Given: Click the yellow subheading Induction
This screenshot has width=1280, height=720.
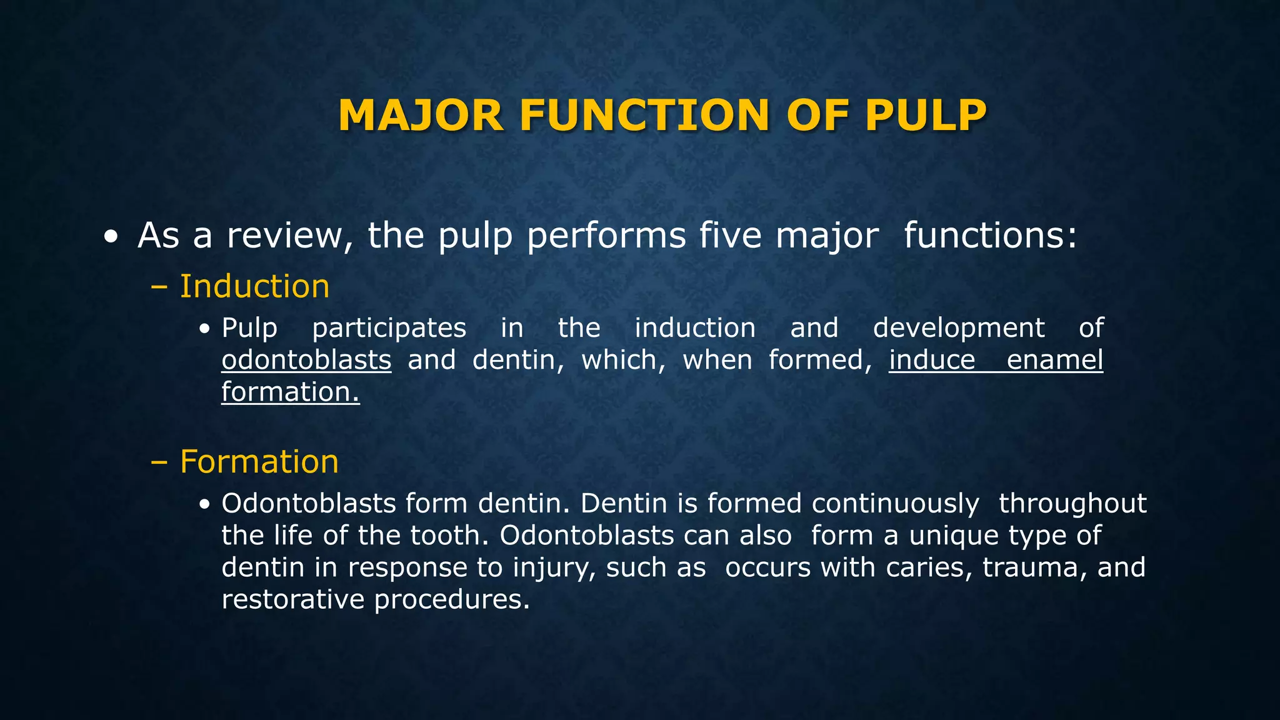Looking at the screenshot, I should tap(254, 286).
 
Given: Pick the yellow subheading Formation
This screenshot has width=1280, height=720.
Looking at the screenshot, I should tap(259, 462).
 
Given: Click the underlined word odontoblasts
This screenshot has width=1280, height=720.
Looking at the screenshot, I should tap(306, 361).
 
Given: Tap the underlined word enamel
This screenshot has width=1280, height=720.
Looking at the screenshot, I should tap(1055, 361).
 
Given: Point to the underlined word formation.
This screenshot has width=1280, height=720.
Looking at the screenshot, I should tap(290, 392).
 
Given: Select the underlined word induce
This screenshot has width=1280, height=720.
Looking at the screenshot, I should tap(932, 361).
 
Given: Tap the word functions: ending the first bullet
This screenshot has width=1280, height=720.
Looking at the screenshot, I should tap(991, 236).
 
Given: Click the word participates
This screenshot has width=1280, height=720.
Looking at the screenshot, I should tap(389, 329).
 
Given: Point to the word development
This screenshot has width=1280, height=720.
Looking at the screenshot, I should tap(958, 329).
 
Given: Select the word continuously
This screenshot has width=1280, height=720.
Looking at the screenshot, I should tap(896, 504).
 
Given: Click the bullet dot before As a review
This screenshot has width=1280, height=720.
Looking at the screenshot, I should tap(111, 238).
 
